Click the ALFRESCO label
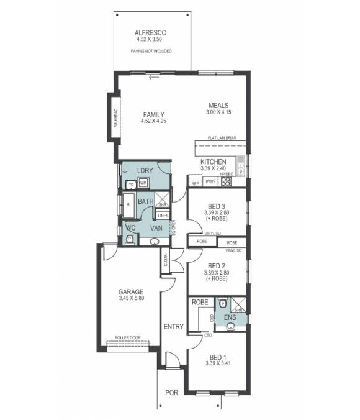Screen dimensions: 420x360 coord(151,32)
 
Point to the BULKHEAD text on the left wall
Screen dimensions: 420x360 coord(115,118)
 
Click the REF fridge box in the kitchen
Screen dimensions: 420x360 coord(195,184)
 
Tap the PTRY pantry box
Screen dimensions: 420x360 coord(210,182)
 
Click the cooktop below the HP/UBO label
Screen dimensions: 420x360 coord(226,182)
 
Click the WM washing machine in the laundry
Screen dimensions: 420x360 coord(142,183)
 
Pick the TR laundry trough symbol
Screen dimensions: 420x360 coord(130,185)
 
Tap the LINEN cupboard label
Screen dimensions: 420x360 coord(163,216)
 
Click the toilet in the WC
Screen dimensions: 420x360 coord(128,239)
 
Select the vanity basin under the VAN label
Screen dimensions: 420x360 coord(155,240)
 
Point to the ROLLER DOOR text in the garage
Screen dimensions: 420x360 coord(128,338)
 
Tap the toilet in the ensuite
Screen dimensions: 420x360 coord(222,304)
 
